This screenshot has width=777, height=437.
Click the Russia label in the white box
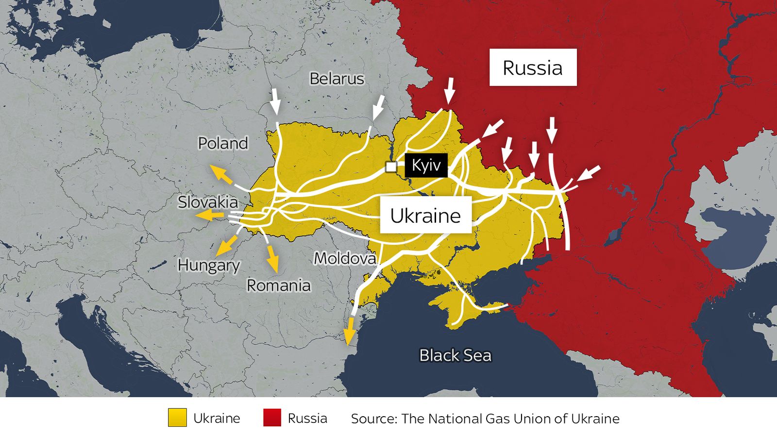533,67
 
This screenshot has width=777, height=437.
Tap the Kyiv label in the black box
426,166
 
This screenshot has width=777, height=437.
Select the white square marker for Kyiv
391,167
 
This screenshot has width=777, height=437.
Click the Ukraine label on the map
425,215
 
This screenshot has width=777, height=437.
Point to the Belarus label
337,79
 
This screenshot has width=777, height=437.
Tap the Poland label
223,143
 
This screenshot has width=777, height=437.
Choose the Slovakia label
208,202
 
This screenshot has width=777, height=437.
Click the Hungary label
209,265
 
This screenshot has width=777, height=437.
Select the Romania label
278,285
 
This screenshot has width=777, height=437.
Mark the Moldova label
345,258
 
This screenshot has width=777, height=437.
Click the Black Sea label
455,355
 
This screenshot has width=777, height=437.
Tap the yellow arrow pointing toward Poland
220,174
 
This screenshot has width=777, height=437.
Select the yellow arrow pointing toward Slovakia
209,216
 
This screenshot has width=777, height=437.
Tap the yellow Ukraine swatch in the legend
177,418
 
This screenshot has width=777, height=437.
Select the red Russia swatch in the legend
272,418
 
